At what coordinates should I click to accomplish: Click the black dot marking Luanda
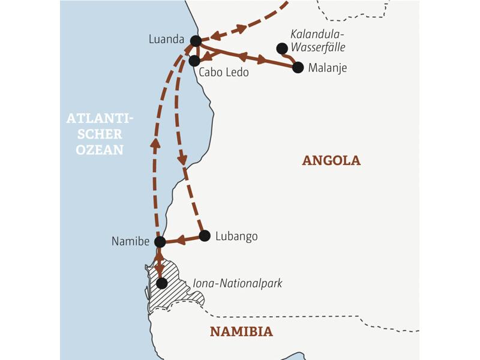[x=195, y=41]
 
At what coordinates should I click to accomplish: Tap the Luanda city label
[x=166, y=40]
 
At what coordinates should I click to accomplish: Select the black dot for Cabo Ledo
[x=194, y=61]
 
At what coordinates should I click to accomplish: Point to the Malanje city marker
[x=298, y=67]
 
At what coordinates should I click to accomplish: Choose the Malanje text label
[x=328, y=68]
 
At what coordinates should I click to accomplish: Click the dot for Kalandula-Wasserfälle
[x=281, y=48]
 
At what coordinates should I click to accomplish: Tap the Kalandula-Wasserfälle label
[x=318, y=40]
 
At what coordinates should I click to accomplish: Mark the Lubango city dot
[x=205, y=236]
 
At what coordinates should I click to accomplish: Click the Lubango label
[x=238, y=236]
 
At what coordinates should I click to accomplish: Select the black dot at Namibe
[x=160, y=242]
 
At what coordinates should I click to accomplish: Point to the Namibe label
[x=130, y=241]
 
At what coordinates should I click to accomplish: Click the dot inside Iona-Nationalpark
[x=161, y=283]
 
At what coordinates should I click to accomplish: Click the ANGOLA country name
[x=331, y=161]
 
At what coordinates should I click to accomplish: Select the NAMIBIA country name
[x=241, y=331]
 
